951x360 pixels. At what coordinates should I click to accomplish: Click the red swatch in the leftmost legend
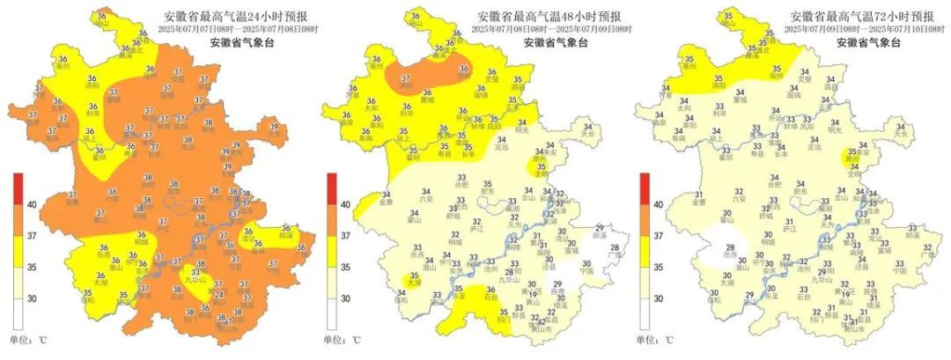pos(18,189)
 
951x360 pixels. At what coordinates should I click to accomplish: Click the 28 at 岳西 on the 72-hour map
pos(730,247)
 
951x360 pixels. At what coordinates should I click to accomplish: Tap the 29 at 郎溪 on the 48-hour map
pos(600,228)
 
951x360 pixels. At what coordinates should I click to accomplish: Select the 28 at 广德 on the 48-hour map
pos(615,247)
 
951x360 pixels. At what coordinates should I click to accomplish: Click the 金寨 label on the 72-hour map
pos(698,202)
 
